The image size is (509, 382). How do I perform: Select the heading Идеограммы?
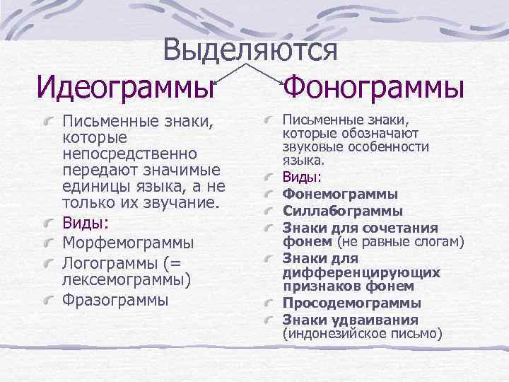[x=126, y=89]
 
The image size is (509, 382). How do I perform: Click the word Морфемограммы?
[x=128, y=243]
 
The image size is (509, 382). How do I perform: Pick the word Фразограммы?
[x=116, y=299]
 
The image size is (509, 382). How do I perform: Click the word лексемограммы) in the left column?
[x=127, y=280]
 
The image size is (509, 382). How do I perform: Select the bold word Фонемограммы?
[x=340, y=194]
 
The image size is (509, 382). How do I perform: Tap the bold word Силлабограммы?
[x=343, y=211]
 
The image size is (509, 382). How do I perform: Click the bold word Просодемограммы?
[x=352, y=303]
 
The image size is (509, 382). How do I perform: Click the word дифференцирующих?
[x=361, y=272]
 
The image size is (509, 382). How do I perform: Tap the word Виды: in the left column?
[x=86, y=224]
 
